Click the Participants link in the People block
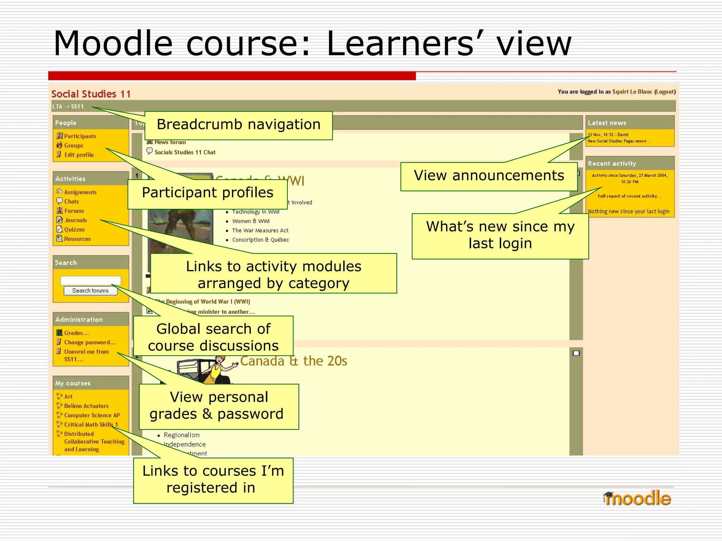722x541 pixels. (x=80, y=136)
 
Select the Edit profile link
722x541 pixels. (x=79, y=155)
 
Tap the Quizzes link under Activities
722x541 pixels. (x=74, y=230)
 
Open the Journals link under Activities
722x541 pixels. (x=75, y=220)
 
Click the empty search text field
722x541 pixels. (x=91, y=280)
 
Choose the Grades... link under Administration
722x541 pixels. (x=76, y=333)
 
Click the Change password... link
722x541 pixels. (x=90, y=342)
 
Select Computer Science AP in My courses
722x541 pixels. (x=92, y=415)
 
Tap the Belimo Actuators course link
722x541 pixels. (x=86, y=406)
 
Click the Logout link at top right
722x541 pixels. (x=665, y=92)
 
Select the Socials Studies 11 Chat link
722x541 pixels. (x=185, y=153)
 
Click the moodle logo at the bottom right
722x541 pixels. (x=637, y=498)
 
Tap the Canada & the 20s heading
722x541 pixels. (x=294, y=361)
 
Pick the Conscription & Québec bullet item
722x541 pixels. (x=260, y=240)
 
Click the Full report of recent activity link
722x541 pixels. (x=629, y=196)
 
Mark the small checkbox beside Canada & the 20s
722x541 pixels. (x=576, y=353)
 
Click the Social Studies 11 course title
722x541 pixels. (x=91, y=94)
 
